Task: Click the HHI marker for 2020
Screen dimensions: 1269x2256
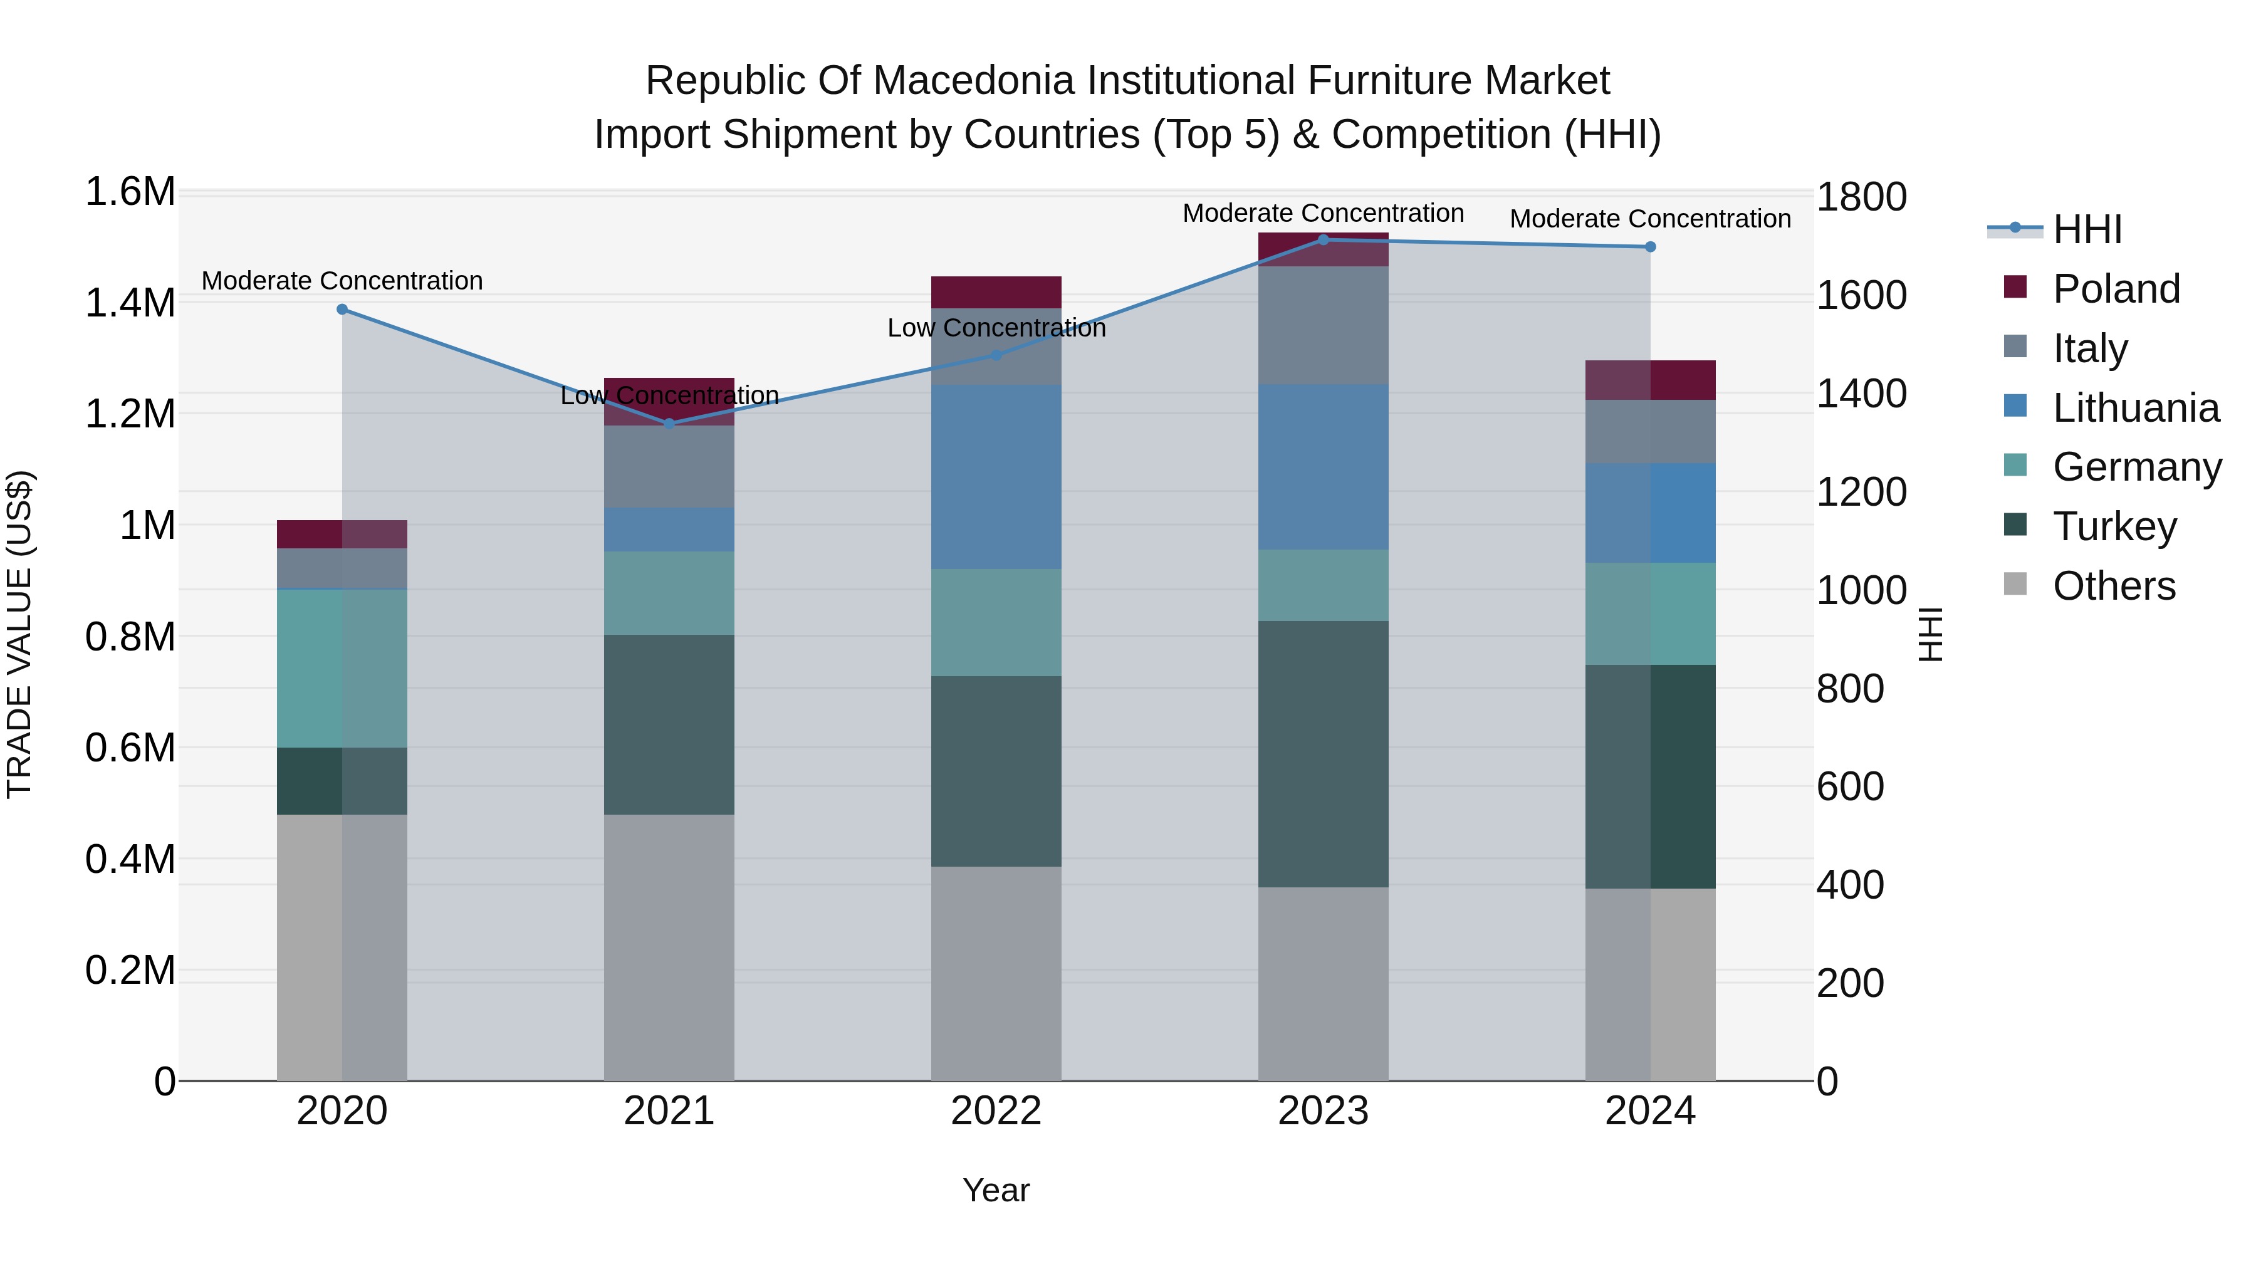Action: (x=342, y=309)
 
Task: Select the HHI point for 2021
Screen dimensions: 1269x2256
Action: (x=669, y=424)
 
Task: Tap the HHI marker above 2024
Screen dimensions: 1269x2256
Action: (x=1650, y=247)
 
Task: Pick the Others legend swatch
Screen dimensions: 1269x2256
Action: (x=2015, y=584)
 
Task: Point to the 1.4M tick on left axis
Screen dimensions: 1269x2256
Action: (x=130, y=303)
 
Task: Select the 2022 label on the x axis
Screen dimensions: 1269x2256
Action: (x=996, y=1111)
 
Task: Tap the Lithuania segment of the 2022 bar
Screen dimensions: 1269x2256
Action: (x=996, y=478)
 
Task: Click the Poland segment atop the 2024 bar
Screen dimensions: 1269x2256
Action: (x=1650, y=380)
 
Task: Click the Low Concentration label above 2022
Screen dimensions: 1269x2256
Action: (x=996, y=328)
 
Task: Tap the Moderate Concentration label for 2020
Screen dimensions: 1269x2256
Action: (x=342, y=281)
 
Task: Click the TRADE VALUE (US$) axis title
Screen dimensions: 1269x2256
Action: (x=19, y=634)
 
